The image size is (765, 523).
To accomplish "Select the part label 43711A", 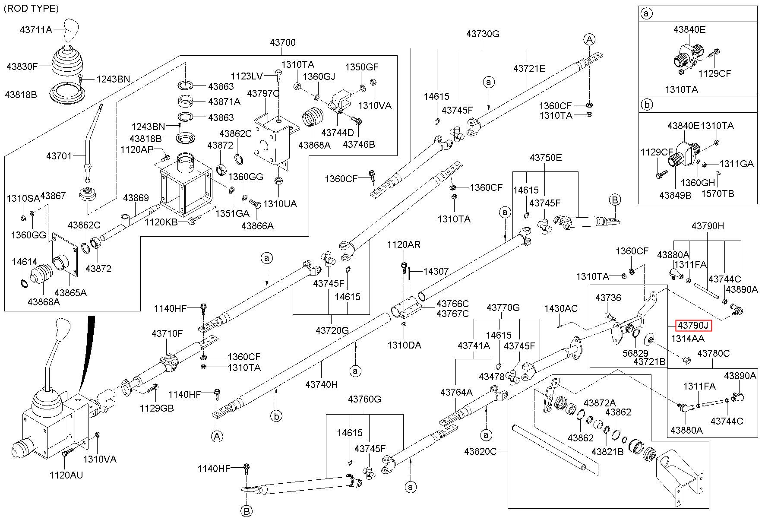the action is pos(36,30).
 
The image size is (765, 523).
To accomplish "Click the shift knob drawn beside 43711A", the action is pos(72,29).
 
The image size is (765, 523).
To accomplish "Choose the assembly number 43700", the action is pos(283,42).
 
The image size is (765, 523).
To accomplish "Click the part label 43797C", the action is pos(263,93).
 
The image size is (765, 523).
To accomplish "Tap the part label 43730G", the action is pos(483,34).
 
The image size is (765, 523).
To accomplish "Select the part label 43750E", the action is pos(546,158).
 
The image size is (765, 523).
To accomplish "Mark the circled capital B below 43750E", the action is pos(615,200).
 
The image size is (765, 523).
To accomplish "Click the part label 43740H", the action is pos(321,384).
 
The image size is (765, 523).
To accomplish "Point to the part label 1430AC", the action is pos(561,308).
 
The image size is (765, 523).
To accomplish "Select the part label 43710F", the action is pos(167,333).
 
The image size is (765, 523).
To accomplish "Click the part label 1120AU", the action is pos(66,475).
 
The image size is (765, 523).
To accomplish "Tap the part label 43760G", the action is pos(364,399).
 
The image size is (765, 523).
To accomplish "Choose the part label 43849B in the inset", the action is pos(675,195).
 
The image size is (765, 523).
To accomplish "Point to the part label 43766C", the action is pos(452,304).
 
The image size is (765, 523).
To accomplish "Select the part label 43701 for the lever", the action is pos(59,155).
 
